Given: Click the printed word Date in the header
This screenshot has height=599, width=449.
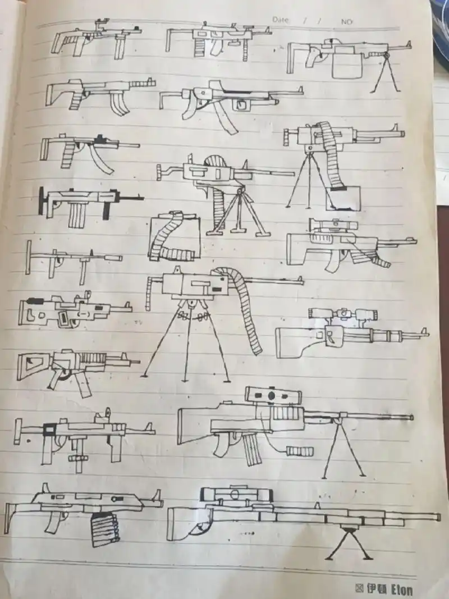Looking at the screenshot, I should click(281, 20).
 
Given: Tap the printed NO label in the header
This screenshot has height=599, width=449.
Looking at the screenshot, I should click(346, 21).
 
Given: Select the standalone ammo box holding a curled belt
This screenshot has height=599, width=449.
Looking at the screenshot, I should click(173, 237).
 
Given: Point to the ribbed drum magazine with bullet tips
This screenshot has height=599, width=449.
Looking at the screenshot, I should click(105, 528).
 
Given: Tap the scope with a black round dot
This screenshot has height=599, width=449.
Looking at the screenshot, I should click(271, 395).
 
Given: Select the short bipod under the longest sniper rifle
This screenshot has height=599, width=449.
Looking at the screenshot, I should click(349, 542).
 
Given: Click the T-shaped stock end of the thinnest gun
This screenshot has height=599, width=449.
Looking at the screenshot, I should click(28, 257).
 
